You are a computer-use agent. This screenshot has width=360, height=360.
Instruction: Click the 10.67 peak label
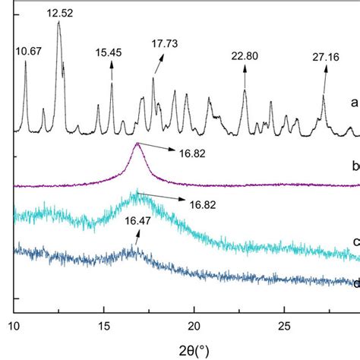(x=30, y=51)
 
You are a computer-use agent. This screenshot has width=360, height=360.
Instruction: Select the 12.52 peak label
(x=59, y=13)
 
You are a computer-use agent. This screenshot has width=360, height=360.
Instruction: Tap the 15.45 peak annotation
(x=111, y=53)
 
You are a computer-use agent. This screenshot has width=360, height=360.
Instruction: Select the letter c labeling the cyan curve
(x=355, y=242)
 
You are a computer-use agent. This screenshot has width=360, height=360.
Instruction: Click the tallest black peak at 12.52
(x=58, y=23)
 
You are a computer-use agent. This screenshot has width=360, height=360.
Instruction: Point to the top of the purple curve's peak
(x=137, y=144)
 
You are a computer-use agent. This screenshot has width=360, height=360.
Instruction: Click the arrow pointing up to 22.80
(x=245, y=76)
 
